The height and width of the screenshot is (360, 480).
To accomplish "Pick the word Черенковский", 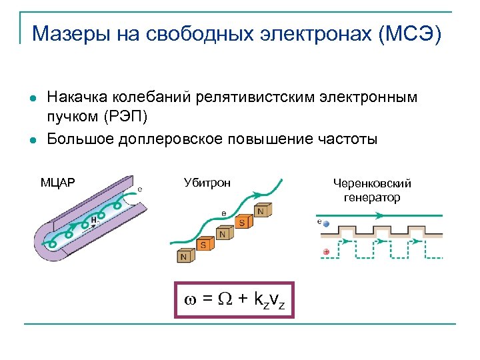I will coord(372,183).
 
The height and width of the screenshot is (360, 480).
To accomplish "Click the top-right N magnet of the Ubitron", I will coord(262,211).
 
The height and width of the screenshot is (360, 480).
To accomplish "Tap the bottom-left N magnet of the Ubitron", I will coord(183,255).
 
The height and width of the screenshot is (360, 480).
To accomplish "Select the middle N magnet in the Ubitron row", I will coord(223,235).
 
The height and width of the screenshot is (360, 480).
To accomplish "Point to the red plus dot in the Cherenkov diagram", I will coord(325,252).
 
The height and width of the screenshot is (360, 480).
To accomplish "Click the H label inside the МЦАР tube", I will coord(94,219).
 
